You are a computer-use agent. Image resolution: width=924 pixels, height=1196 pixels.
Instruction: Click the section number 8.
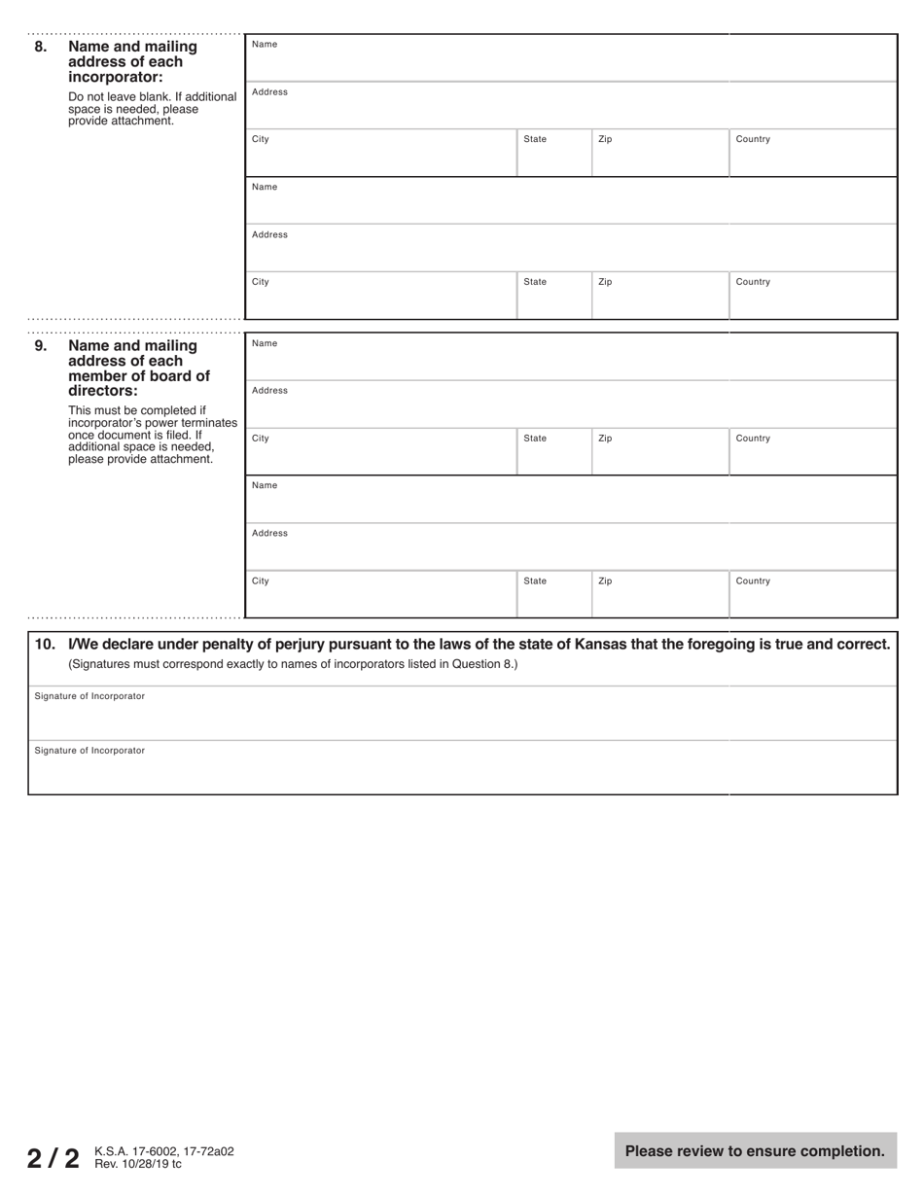(40, 47)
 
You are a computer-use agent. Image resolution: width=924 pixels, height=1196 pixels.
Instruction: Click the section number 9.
(40, 346)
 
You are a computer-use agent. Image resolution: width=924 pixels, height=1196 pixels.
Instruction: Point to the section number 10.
(45, 645)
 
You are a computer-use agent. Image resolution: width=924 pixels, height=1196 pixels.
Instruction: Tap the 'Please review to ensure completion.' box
(755, 1151)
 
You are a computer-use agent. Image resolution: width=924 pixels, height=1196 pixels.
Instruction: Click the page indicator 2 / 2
(53, 1158)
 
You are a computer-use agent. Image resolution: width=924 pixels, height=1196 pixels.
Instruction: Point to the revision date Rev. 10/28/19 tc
(137, 1163)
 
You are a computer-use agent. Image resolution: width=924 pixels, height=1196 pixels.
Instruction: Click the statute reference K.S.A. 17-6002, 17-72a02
(163, 1151)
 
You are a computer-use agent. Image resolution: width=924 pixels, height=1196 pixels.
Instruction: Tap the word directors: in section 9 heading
(103, 391)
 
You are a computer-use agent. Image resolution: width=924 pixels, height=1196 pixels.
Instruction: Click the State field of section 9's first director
(553, 454)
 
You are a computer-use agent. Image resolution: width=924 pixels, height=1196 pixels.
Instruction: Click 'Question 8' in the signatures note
(483, 665)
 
